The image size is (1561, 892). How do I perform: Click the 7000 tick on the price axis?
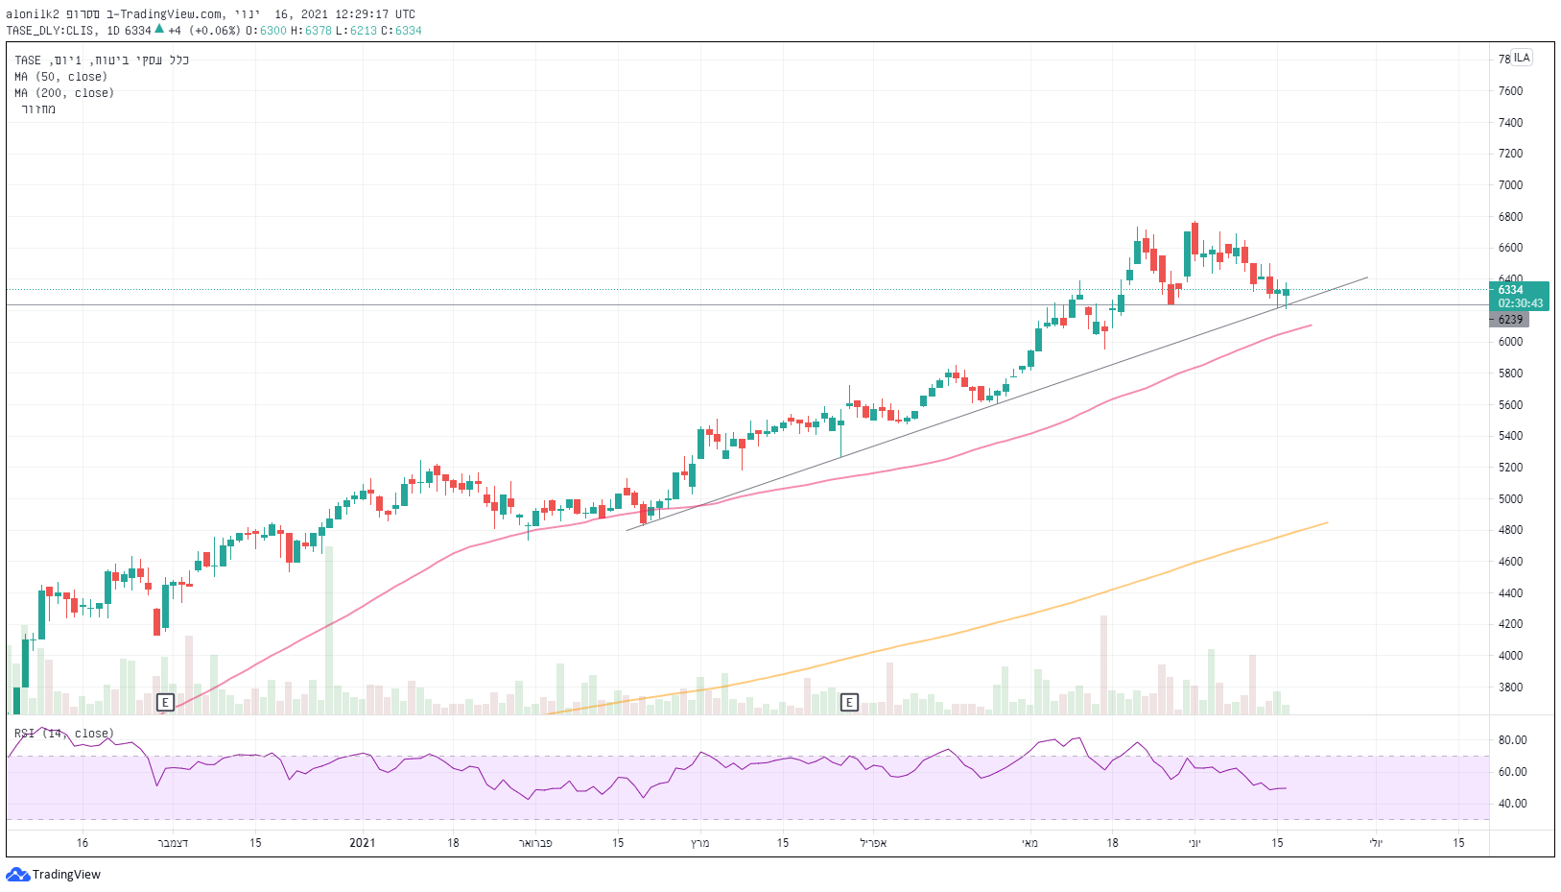click(x=1510, y=185)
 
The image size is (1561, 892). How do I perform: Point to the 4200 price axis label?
click(x=1510, y=624)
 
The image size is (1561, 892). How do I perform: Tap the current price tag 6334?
click(x=1512, y=290)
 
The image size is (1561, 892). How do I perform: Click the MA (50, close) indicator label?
click(x=60, y=77)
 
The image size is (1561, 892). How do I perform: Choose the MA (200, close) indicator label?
click(x=64, y=93)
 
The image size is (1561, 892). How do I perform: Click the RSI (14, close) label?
click(x=64, y=734)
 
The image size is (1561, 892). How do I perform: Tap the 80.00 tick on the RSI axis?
click(x=1512, y=740)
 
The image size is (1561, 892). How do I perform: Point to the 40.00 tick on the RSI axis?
click(x=1512, y=804)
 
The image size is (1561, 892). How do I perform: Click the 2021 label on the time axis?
click(x=363, y=843)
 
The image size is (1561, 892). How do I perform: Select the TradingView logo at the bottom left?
click(x=54, y=875)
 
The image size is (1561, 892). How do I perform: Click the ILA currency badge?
click(x=1523, y=58)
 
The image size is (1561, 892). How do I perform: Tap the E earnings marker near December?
click(x=165, y=703)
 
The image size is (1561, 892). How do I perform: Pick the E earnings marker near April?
click(x=849, y=703)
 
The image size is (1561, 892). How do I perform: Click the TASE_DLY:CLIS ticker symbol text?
click(x=50, y=31)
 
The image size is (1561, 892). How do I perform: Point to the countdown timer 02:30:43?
click(x=1521, y=303)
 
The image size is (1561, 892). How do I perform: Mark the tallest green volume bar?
click(x=329, y=630)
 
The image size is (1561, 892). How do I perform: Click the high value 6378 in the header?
click(x=319, y=31)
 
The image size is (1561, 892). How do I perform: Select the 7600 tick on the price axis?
click(x=1510, y=91)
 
